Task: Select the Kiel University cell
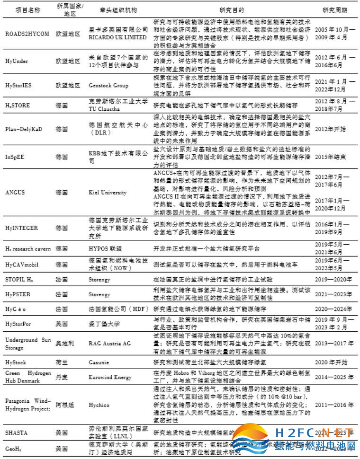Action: pyautogui.click(x=108, y=193)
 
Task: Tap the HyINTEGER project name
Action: pyautogui.click(x=21, y=228)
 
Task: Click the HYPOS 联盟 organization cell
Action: pyautogui.click(x=106, y=248)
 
